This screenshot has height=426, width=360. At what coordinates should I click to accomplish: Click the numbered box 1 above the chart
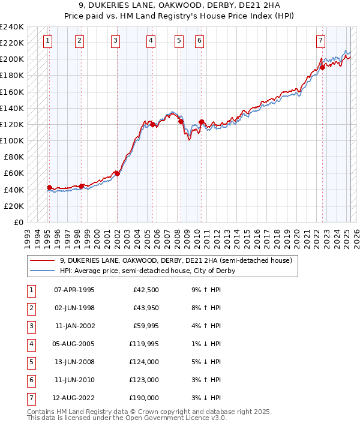tap(47, 41)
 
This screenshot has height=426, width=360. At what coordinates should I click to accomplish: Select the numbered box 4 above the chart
tap(151, 41)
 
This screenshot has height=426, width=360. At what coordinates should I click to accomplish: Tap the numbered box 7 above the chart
tap(321, 41)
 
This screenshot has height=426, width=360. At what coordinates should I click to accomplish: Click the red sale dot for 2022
tap(322, 67)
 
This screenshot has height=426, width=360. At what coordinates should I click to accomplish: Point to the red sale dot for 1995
tap(49, 187)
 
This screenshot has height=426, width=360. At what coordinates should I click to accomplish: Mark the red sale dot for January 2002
tap(117, 173)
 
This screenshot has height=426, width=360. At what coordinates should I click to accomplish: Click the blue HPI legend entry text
tap(148, 271)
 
